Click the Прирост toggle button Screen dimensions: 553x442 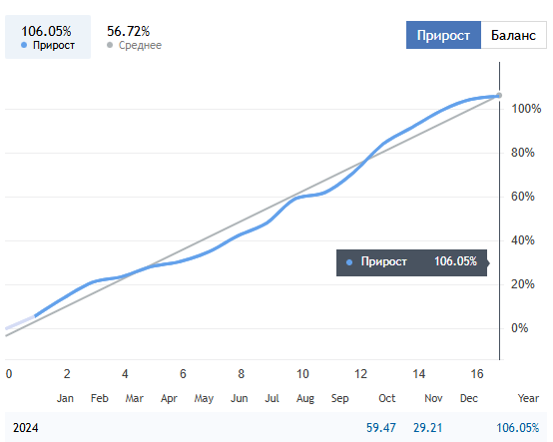pyautogui.click(x=443, y=35)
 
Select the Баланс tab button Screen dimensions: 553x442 pyautogui.click(x=513, y=35)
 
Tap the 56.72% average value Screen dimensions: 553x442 pyautogui.click(x=129, y=31)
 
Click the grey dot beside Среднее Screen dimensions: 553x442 pyautogui.click(x=110, y=45)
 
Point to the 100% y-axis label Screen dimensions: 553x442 pyautogui.click(x=526, y=109)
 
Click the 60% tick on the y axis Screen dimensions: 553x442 pyautogui.click(x=523, y=197)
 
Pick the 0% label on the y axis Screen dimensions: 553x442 pyautogui.click(x=519, y=328)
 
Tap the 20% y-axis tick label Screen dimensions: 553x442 pyautogui.click(x=523, y=284)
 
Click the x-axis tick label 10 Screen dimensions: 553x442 pyautogui.click(x=302, y=373)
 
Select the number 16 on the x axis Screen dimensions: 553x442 pyautogui.click(x=477, y=373)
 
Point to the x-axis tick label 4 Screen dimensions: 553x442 pyautogui.click(x=125, y=373)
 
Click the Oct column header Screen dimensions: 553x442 pyautogui.click(x=387, y=398)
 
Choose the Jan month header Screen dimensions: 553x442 pyautogui.click(x=65, y=398)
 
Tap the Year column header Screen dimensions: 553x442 pyautogui.click(x=528, y=398)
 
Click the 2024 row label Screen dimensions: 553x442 pyautogui.click(x=25, y=428)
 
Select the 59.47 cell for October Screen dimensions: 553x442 pyautogui.click(x=381, y=428)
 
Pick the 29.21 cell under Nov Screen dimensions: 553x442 pyautogui.click(x=428, y=428)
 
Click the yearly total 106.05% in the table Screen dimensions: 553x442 pyautogui.click(x=518, y=428)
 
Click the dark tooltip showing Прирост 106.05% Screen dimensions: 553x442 pyautogui.click(x=412, y=262)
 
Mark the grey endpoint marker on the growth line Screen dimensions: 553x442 pyautogui.click(x=499, y=95)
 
